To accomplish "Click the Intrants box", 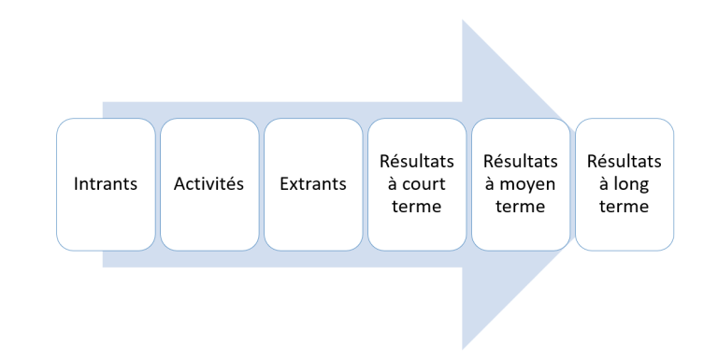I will pos(106,184).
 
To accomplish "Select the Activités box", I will pos(209,184).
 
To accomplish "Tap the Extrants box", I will pos(313,184).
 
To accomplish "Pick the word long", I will pos(633,183).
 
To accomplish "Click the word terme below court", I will pos(417,207).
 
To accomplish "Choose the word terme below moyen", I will pos(521,207).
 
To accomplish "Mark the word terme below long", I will pos(625,207).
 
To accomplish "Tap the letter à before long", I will pos(608,183).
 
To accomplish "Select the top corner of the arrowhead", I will pos(464,21).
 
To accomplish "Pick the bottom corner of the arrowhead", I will pos(464,348).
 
